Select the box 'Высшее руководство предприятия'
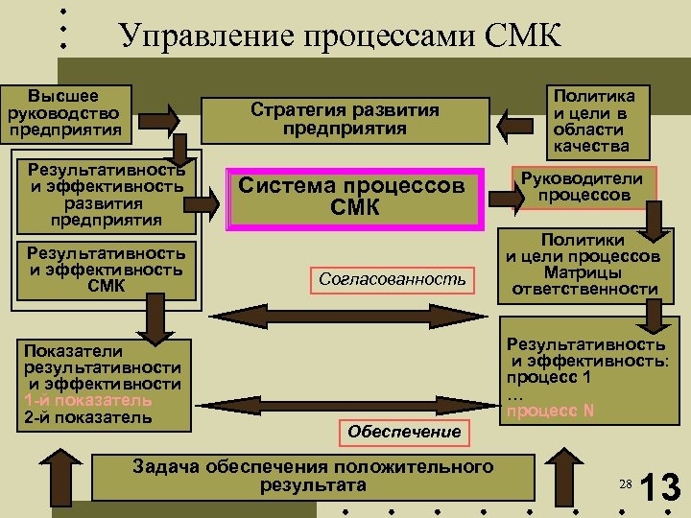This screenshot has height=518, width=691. [65, 112]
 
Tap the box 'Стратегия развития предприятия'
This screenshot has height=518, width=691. [345, 119]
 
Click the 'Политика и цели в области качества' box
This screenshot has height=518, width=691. [592, 121]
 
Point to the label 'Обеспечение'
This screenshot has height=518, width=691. [404, 432]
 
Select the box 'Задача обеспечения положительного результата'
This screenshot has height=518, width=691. [313, 476]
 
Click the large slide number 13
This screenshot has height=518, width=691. [659, 486]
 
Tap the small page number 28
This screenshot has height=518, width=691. [624, 486]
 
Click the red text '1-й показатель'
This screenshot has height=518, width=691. [87, 400]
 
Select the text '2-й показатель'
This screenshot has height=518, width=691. [87, 417]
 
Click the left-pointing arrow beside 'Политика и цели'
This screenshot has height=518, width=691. [518, 124]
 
